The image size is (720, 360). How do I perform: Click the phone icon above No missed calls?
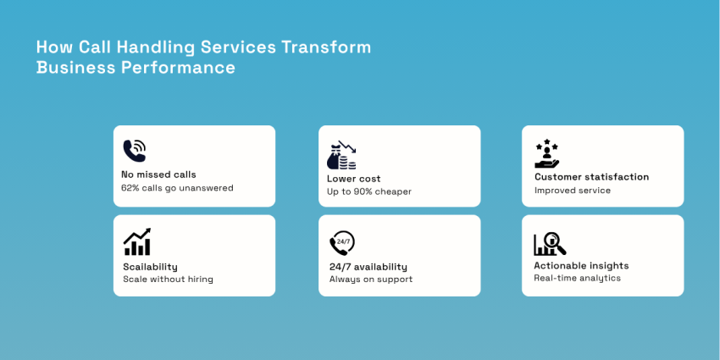coord(134,151)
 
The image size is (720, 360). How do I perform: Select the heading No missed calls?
coord(158,174)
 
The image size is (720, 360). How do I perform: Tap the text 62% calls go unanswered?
coord(177,188)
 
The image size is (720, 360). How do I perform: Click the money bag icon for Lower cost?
coord(341,155)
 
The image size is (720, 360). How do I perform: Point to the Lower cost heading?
coord(354,179)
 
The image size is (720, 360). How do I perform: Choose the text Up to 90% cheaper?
coord(369,191)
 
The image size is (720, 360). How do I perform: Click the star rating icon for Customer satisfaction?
coord(547,153)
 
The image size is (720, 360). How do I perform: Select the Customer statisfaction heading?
coord(591,177)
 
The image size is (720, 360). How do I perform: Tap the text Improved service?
coord(573,191)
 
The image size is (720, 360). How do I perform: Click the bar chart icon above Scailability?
coord(137,242)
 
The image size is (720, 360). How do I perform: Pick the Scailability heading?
coord(150,267)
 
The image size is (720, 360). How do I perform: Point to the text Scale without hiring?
coord(168,280)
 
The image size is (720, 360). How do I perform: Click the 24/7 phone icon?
coord(342,243)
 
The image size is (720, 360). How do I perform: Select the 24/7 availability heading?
coord(368,267)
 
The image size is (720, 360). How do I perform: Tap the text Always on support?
coord(371,280)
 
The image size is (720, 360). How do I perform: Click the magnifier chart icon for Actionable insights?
coord(550,244)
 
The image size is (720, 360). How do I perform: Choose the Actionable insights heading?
coord(581,266)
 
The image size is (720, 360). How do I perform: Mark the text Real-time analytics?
coord(577,278)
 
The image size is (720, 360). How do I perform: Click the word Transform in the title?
coord(326,47)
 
